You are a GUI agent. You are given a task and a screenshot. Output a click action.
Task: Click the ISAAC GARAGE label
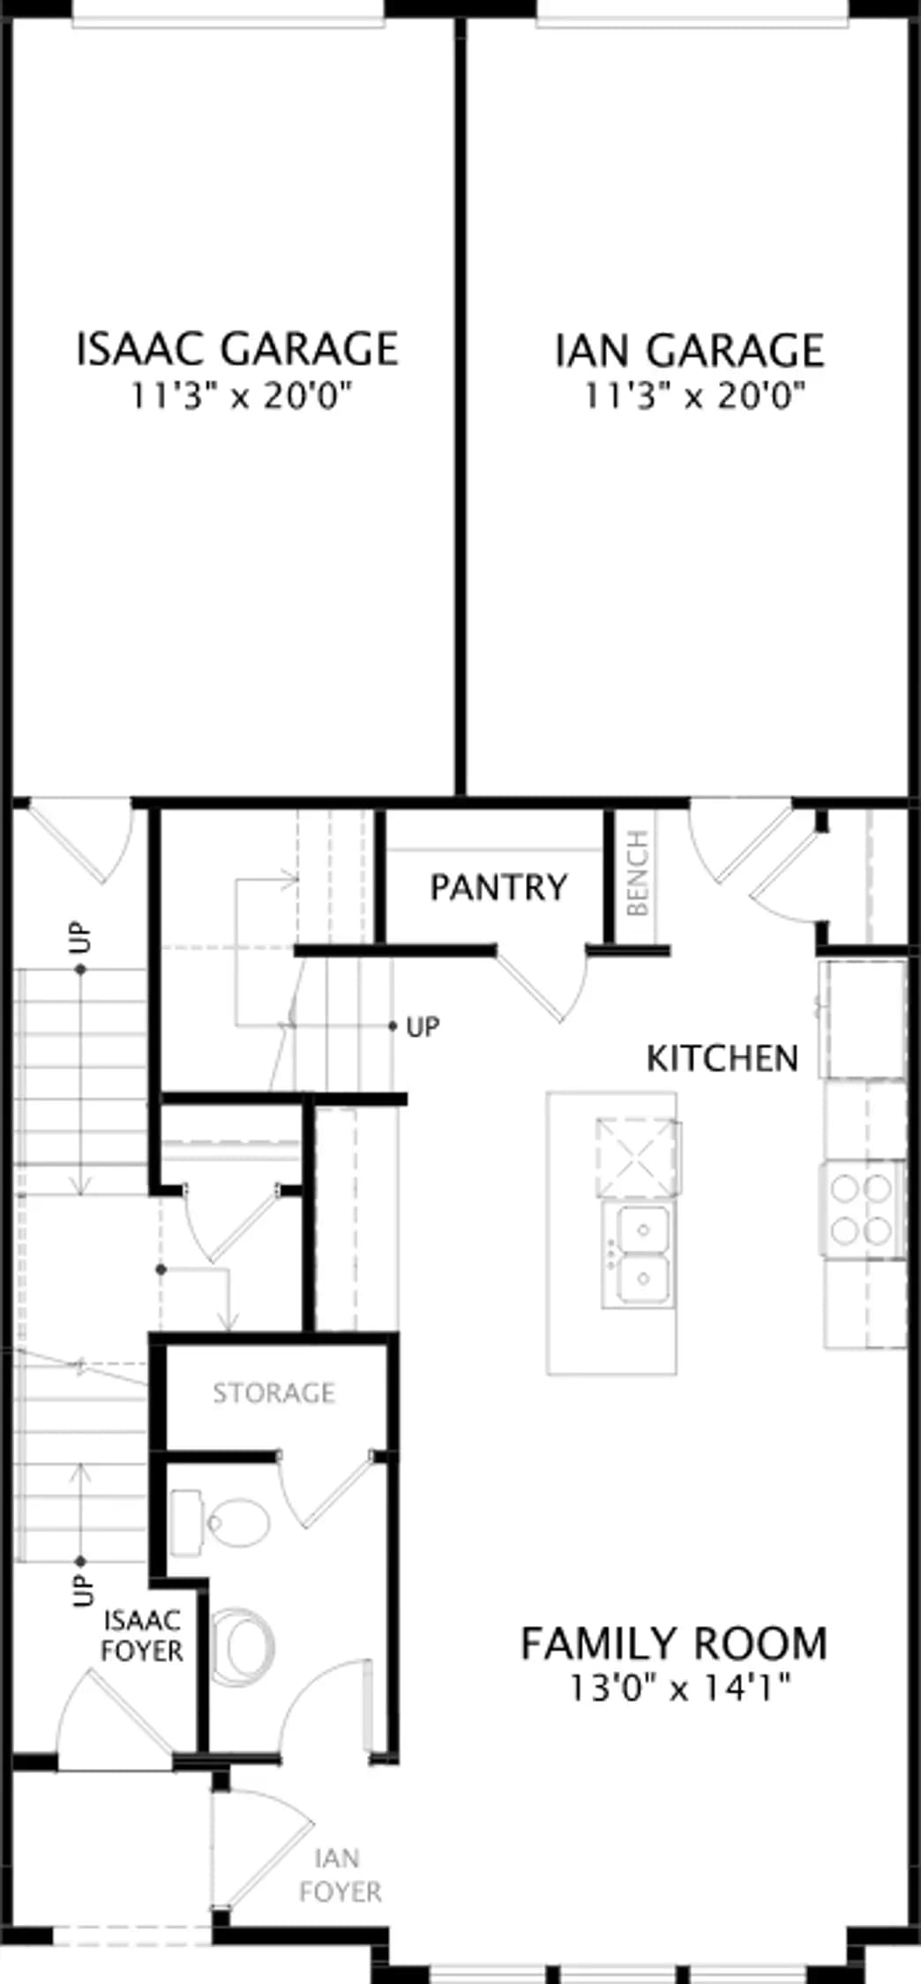[x=237, y=348]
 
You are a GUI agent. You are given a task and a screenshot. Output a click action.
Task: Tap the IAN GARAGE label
[x=690, y=350]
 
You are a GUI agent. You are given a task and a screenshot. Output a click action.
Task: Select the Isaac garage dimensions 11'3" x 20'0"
[x=242, y=395]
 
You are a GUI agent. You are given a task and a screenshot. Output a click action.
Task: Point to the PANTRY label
[x=498, y=887]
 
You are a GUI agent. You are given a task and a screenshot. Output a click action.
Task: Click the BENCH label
[x=637, y=873]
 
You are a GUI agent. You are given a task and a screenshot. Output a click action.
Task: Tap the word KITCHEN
[x=723, y=1058]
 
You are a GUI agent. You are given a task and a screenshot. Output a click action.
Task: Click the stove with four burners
[x=862, y=1208]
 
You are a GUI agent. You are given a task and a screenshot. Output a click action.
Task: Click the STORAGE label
[x=273, y=1393]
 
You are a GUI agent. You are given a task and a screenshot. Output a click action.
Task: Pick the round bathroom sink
[x=243, y=1646]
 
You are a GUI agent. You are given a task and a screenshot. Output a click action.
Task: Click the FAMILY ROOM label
[x=674, y=1644]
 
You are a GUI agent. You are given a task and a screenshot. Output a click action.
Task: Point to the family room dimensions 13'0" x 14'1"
[x=678, y=1688]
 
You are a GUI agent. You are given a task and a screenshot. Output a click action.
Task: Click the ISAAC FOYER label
[x=141, y=1636]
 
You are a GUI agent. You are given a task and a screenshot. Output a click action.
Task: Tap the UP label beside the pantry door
[x=423, y=1026]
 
